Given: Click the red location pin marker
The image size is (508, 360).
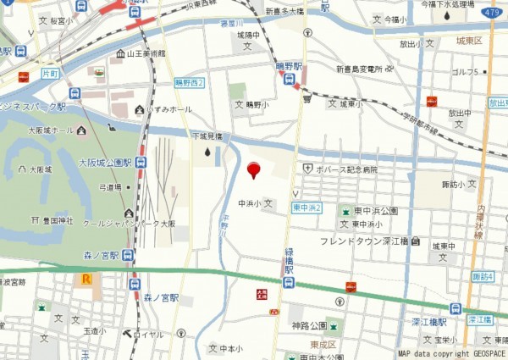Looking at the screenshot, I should click(252, 171).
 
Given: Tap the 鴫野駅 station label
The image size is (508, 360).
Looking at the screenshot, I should click(293, 67).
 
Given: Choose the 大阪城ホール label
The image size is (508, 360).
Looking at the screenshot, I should click(51, 130).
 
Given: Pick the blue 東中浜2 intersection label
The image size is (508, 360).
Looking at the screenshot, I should click(307, 207).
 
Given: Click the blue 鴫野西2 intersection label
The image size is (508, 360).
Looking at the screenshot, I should click(190, 82).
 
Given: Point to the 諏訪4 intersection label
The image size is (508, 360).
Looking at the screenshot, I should click(483, 276).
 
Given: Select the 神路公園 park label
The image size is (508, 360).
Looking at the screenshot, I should click(309, 325).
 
